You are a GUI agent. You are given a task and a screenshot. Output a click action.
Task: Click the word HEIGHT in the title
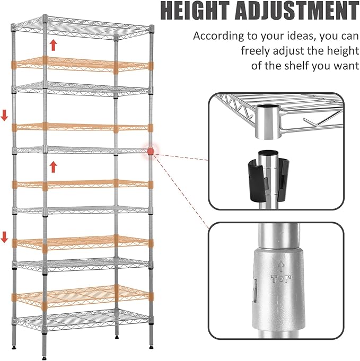click(195, 11)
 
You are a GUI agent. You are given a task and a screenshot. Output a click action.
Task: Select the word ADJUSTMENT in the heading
click(297, 11)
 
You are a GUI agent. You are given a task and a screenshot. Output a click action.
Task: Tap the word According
click(218, 36)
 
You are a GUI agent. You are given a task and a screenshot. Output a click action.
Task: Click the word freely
click(255, 51)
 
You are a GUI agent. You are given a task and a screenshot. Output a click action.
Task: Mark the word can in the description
click(349, 37)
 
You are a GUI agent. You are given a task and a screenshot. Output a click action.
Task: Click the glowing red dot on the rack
click(151, 151)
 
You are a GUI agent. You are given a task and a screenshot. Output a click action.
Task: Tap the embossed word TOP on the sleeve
click(281, 279)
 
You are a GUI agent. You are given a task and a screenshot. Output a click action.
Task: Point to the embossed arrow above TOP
click(281, 267)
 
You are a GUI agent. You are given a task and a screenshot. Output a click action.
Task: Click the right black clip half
click(284, 180)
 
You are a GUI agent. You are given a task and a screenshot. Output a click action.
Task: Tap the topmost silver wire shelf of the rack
click(82, 28)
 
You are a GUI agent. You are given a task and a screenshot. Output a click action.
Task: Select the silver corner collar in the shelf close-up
click(268, 122)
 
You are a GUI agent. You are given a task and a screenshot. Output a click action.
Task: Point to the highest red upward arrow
click(54, 45)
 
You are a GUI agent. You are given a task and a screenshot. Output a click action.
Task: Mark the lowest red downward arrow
click(4, 237)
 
